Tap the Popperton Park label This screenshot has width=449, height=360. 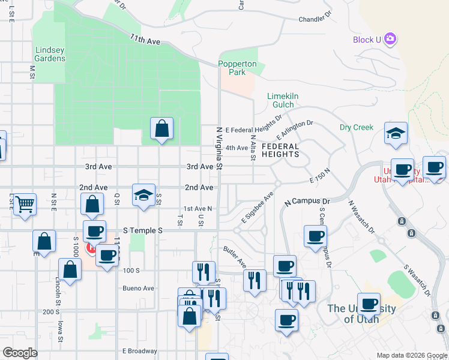237,68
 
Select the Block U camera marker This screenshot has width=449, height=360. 391,40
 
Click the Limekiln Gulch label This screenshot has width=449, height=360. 283,100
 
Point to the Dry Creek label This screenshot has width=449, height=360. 357,127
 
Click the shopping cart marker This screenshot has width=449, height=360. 25,204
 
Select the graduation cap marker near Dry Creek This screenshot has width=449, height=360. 396,134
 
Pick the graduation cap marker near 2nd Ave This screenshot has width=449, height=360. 143,196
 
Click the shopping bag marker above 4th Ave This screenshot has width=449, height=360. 161,128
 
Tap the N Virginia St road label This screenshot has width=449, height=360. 220,148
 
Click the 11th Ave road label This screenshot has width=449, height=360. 145,39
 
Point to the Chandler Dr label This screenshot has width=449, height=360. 315,19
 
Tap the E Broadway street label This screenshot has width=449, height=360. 140,351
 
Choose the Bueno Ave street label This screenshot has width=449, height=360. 139,288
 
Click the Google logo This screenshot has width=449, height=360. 20,353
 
